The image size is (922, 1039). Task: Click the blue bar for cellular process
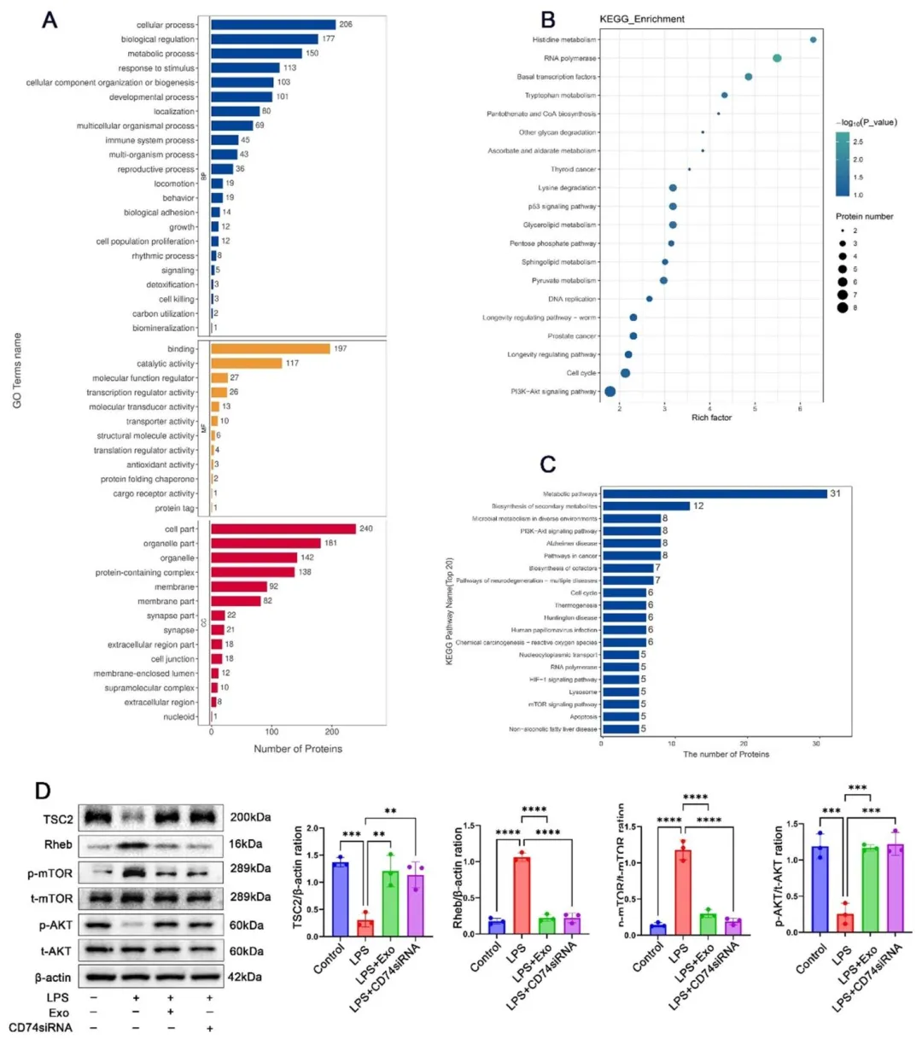click(x=273, y=25)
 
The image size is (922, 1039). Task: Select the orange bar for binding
click(x=270, y=349)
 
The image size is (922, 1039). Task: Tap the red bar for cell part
click(x=283, y=529)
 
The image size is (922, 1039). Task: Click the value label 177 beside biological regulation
click(x=329, y=39)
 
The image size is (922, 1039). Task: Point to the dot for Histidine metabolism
click(x=813, y=40)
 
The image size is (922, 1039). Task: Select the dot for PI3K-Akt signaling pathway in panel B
click(x=610, y=392)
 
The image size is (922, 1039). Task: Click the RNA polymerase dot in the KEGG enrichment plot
click(x=777, y=58)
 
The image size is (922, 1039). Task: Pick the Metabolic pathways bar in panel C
click(x=715, y=494)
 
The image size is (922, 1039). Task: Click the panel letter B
click(x=548, y=19)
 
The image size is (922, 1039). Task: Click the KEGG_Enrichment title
click(x=642, y=19)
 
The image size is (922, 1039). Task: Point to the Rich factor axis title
click(x=711, y=418)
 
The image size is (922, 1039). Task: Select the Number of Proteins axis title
click(x=298, y=750)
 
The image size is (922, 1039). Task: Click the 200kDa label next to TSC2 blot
click(x=250, y=817)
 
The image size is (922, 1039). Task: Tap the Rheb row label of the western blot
click(x=59, y=845)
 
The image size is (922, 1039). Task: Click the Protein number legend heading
click(x=864, y=217)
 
